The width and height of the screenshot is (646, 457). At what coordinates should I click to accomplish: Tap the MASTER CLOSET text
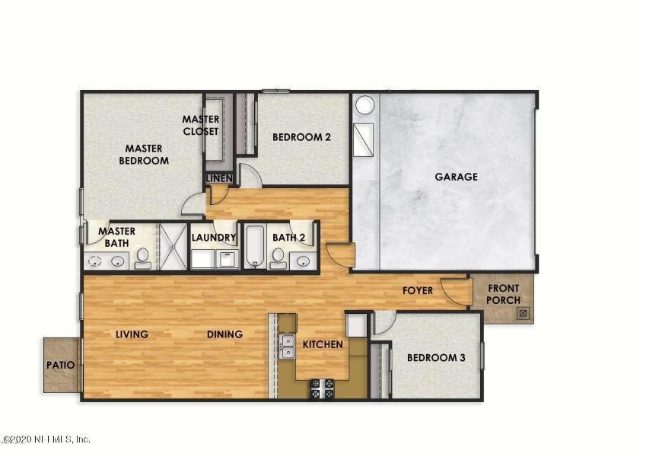coord(201,125)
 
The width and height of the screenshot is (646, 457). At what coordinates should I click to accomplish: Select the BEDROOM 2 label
coord(301,138)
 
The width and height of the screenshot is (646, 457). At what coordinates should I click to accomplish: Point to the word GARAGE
coord(456,177)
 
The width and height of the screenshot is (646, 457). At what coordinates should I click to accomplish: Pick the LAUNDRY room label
coord(214,238)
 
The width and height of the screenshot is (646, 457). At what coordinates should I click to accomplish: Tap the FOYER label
coord(418,290)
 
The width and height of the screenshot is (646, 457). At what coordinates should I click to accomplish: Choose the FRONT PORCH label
coord(504,294)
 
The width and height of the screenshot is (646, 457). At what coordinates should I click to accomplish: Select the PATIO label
coord(61,365)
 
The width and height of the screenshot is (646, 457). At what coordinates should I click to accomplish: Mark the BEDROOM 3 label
coord(435,357)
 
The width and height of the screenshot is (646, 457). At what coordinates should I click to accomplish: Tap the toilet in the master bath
coord(142,260)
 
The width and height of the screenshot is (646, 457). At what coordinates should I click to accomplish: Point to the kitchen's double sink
coord(288,348)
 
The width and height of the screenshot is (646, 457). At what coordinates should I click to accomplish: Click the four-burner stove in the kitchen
coord(320,388)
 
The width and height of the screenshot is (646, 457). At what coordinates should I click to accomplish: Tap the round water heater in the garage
coord(364,104)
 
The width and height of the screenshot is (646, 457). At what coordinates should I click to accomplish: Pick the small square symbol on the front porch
coord(523,312)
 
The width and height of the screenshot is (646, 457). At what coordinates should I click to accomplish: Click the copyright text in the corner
coord(47,439)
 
